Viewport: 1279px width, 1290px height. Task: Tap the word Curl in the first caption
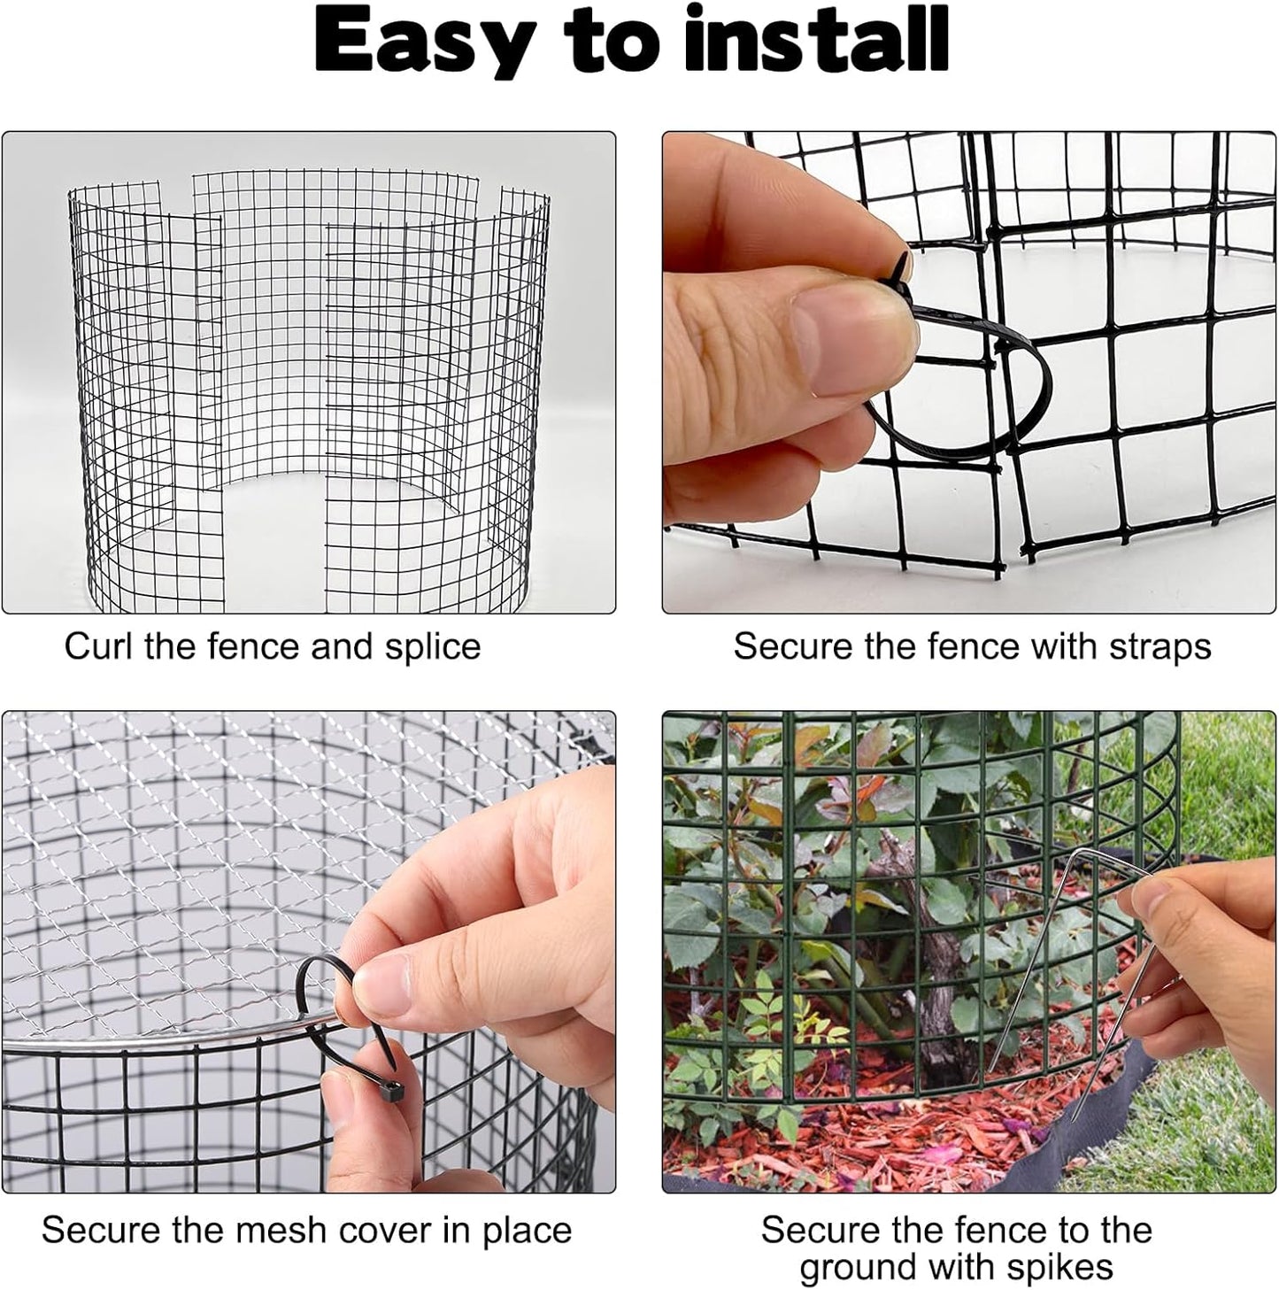(98, 646)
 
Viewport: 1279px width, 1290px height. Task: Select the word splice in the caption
(432, 648)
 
